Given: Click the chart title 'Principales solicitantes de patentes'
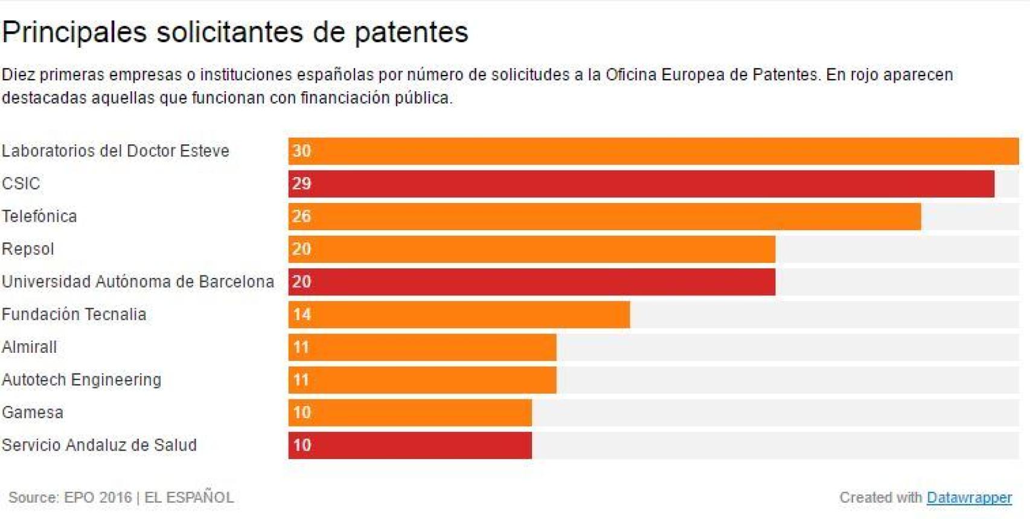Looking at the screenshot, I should (235, 32).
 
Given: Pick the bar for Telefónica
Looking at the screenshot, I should (604, 216).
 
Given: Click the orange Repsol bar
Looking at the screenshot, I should (531, 249).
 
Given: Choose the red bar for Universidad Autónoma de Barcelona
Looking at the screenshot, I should (531, 282).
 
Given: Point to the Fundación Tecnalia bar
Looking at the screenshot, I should (459, 314).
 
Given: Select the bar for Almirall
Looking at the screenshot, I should (422, 347).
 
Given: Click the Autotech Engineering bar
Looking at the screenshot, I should (422, 380).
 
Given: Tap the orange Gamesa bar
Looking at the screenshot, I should (410, 413).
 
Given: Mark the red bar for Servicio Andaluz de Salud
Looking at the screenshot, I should (410, 445).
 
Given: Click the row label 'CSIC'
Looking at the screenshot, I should (21, 184).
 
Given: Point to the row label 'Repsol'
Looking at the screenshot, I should (28, 249).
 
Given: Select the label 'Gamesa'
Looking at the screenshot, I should (33, 413).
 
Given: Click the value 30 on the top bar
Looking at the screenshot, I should (301, 151).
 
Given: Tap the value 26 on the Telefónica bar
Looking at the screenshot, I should (301, 216).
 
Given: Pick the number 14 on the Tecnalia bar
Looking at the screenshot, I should (302, 314).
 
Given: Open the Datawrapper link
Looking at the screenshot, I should (969, 497).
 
